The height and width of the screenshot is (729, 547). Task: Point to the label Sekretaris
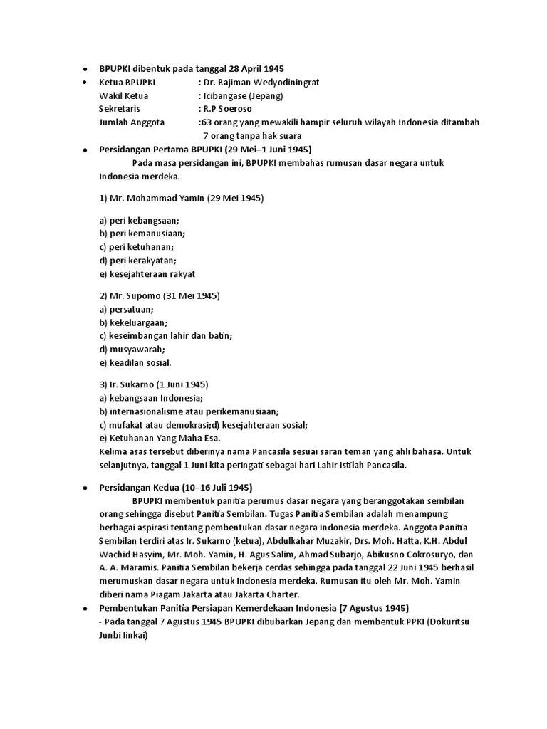point(120,109)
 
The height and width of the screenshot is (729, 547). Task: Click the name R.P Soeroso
point(228,109)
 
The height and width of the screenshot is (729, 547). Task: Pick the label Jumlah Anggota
point(132,122)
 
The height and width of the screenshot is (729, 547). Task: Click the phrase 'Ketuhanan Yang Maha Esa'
point(165,438)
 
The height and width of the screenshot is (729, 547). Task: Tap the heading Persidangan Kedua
point(145,488)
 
